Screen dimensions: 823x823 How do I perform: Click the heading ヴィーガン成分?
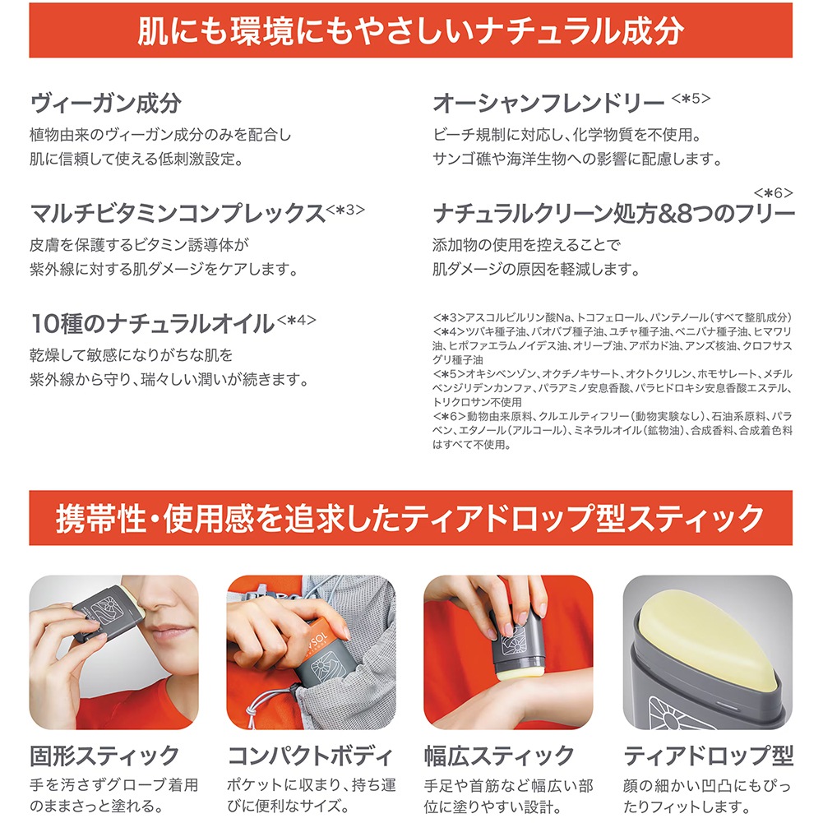(106, 104)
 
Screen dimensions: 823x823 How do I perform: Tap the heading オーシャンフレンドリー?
(548, 104)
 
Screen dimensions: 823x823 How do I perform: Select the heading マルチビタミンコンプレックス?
(178, 214)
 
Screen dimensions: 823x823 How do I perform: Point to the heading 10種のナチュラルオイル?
(153, 324)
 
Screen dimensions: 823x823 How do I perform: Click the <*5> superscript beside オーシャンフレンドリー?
(691, 98)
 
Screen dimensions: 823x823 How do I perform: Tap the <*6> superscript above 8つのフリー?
(773, 192)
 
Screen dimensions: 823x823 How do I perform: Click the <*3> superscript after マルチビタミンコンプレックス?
(345, 210)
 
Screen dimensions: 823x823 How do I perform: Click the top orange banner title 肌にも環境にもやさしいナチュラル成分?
(410, 30)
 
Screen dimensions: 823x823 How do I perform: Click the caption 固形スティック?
(105, 756)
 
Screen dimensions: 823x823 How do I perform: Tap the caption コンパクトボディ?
(310, 756)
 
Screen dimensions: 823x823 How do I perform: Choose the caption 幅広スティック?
(499, 756)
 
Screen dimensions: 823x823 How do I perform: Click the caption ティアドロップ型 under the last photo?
(708, 756)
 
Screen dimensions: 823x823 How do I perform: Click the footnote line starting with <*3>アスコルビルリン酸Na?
(612, 317)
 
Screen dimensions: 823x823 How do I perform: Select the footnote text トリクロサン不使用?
(477, 402)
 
